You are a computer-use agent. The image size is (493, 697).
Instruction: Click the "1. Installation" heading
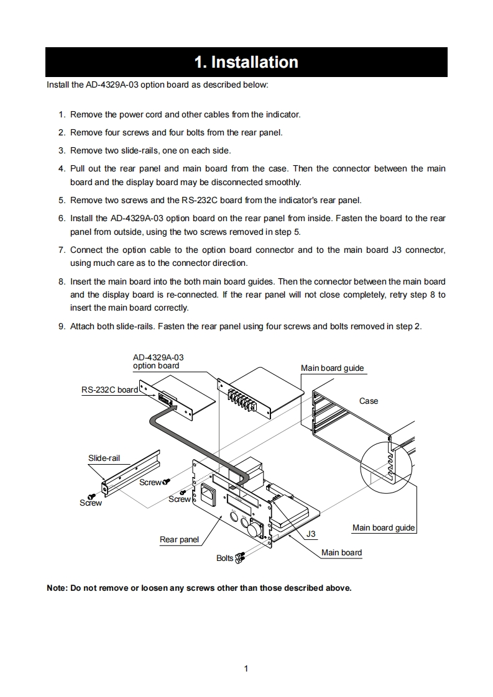point(246,62)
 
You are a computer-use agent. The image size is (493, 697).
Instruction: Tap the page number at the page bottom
point(246,668)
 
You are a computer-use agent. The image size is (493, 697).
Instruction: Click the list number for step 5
point(62,200)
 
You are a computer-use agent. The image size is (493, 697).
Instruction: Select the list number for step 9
point(62,326)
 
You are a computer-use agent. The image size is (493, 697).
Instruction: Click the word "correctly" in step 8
point(169,307)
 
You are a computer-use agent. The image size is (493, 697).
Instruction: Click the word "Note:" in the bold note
point(58,588)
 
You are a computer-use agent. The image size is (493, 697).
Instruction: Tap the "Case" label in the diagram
point(369,401)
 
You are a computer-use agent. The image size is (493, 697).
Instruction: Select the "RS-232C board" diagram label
point(109,389)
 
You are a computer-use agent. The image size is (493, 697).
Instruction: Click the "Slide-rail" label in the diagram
point(104,458)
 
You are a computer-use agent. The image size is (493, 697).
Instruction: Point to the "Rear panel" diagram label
point(179,539)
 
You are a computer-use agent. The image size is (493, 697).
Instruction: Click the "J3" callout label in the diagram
point(311,534)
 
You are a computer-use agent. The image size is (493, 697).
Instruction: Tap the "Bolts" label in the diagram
point(224,558)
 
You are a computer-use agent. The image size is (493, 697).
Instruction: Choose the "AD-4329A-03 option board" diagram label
point(158,362)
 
